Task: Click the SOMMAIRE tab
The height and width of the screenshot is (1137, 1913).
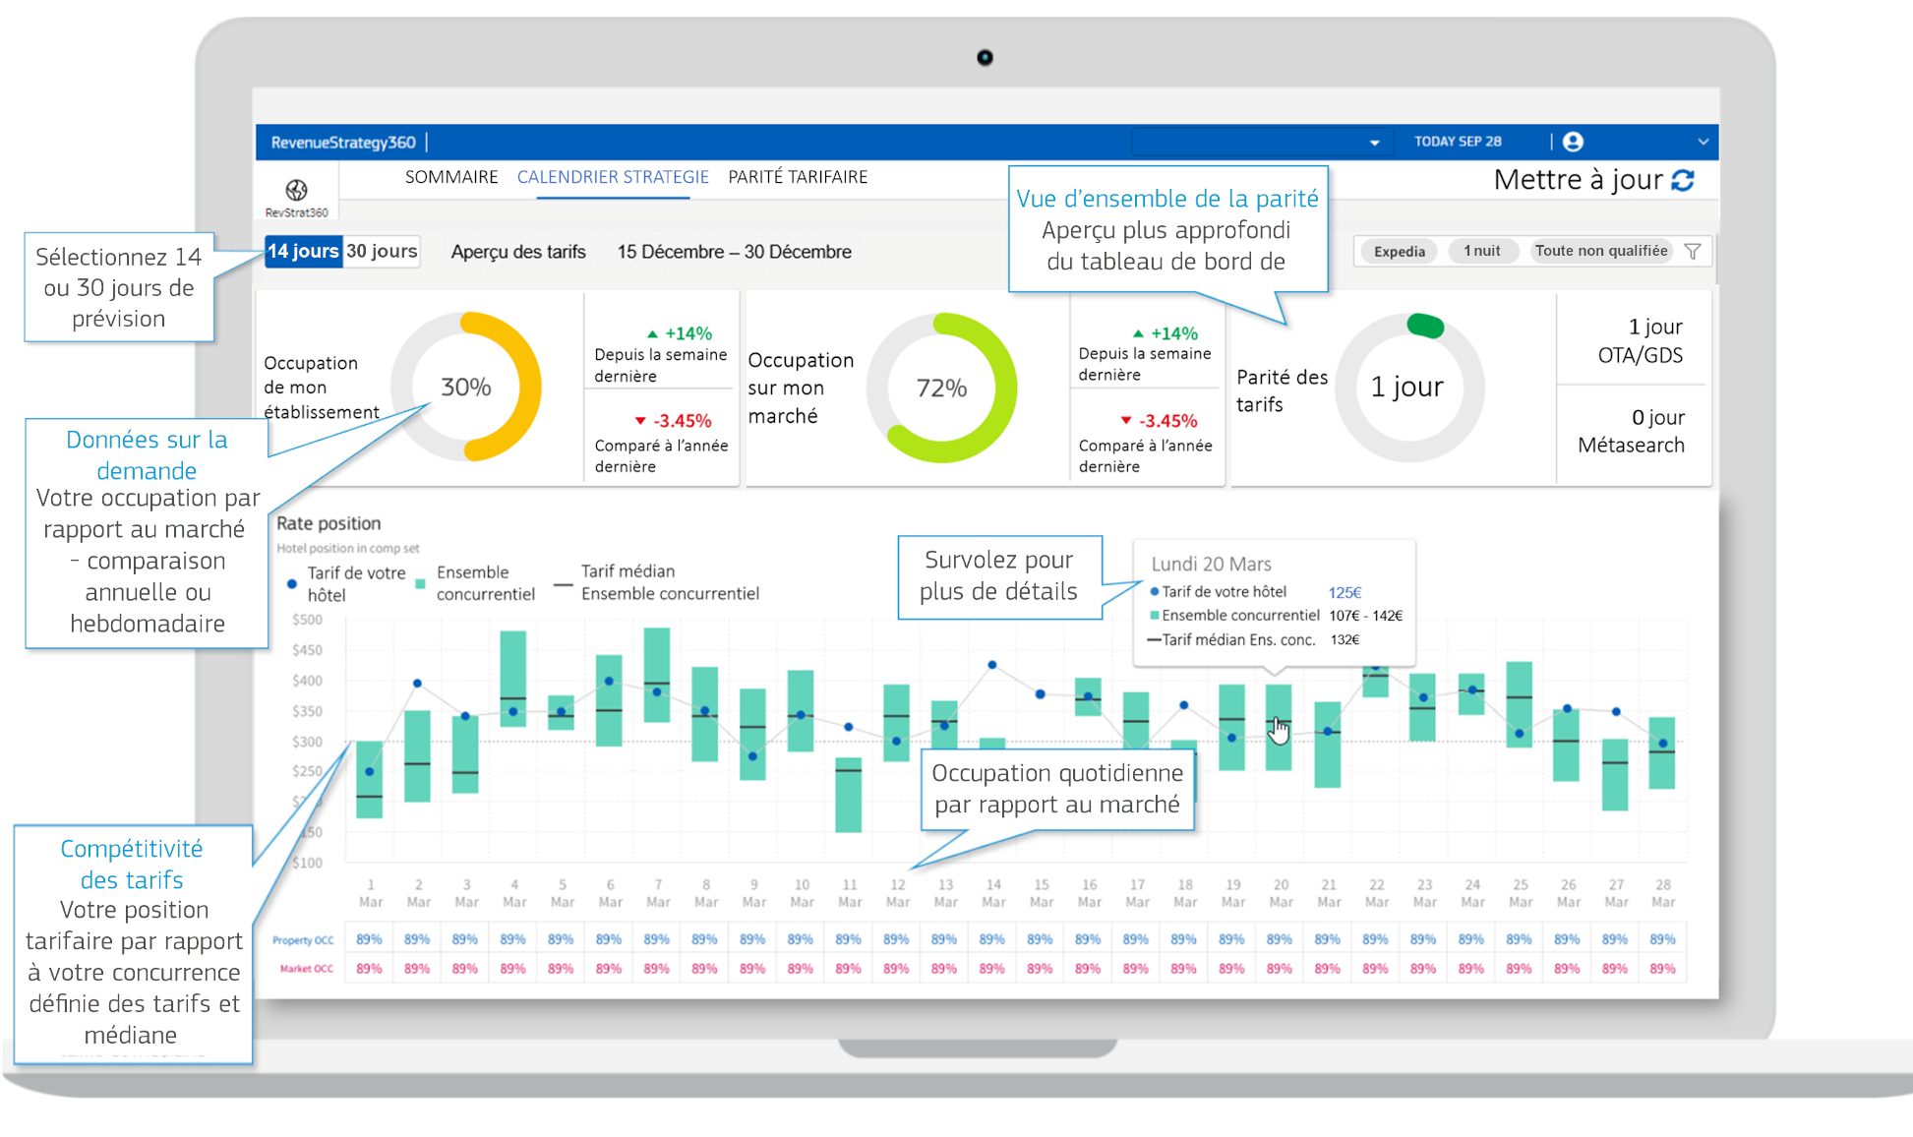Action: click(451, 177)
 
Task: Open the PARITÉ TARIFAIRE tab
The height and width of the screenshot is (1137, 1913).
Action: click(798, 177)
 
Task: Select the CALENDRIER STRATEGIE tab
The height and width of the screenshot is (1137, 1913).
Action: click(613, 177)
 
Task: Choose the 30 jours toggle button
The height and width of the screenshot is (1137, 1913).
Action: click(382, 251)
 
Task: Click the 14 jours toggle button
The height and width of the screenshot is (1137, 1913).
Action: click(303, 251)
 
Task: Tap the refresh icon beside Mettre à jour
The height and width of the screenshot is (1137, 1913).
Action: click(1683, 180)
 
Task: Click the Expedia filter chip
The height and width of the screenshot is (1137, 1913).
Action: click(1399, 251)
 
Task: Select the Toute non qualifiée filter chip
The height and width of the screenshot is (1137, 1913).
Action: click(1600, 251)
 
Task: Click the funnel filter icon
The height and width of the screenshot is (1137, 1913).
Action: click(1693, 251)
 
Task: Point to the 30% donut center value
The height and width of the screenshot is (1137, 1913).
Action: click(466, 387)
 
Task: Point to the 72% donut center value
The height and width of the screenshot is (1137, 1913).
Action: click(941, 388)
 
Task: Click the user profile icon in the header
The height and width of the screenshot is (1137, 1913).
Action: click(1573, 142)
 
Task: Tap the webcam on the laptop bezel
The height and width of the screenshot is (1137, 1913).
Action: click(985, 58)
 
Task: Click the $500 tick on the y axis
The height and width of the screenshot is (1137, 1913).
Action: click(307, 620)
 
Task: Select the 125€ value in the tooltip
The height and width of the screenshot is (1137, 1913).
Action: click(1345, 592)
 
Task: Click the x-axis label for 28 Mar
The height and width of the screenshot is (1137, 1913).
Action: click(1662, 892)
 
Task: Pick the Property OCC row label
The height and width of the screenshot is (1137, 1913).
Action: click(303, 940)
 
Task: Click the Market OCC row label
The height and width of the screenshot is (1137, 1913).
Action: click(306, 969)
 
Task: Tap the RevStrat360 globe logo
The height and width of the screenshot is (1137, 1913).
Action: click(296, 190)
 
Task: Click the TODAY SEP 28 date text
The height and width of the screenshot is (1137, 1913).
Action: click(1458, 142)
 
